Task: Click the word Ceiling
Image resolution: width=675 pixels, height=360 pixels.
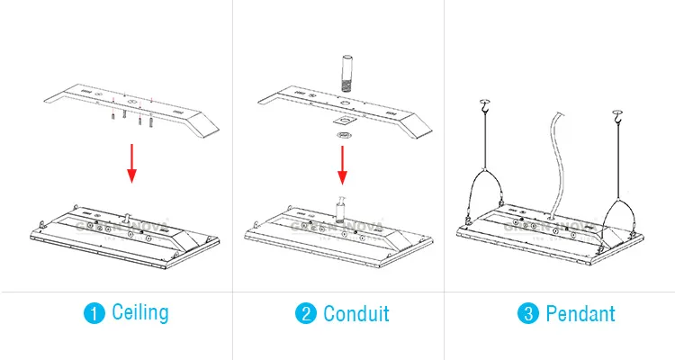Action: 139,313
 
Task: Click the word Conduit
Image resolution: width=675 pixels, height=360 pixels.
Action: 355,313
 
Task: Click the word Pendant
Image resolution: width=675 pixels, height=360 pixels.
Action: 578,313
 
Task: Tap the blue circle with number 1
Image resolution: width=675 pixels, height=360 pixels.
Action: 94,313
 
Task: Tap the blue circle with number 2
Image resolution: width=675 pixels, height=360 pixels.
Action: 306,313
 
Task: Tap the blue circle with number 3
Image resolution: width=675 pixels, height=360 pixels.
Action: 526,313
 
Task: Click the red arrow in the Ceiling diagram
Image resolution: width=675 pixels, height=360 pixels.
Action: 130,162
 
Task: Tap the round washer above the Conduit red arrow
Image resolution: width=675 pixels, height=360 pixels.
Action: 343,136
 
